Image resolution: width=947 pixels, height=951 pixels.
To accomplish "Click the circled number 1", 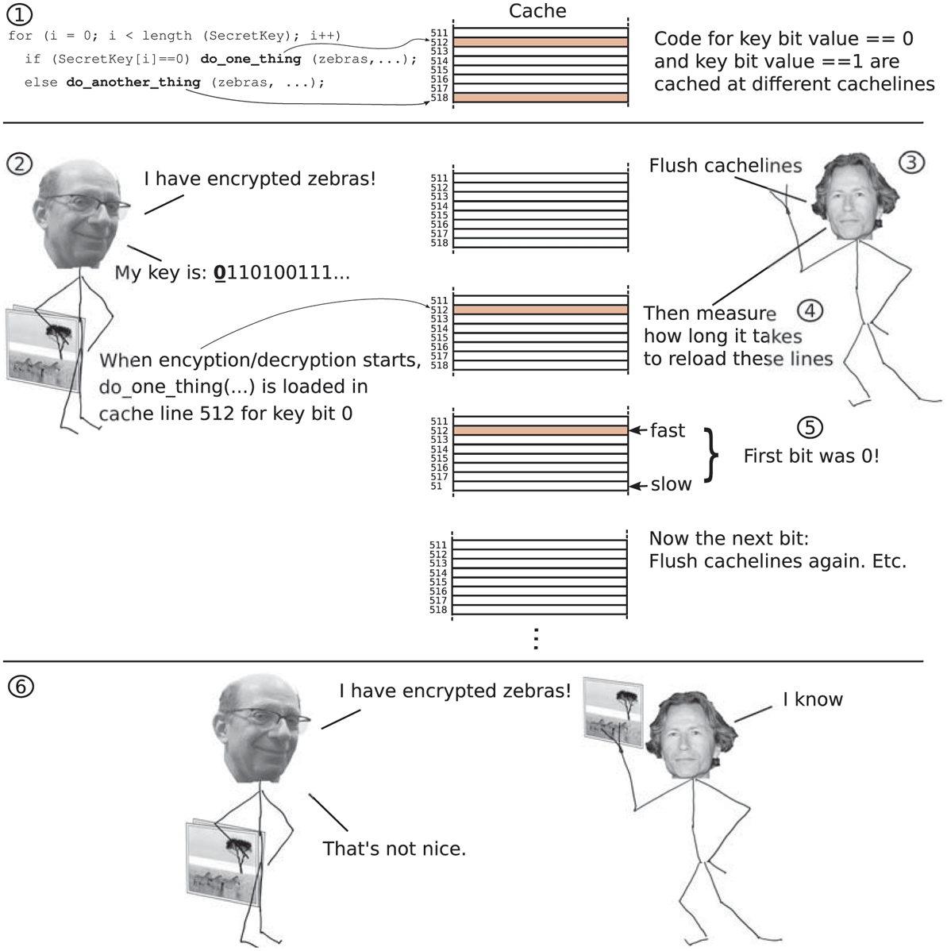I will [x=20, y=14].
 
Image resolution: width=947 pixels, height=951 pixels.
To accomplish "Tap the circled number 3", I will [x=911, y=163].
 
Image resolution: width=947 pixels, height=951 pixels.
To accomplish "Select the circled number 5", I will [x=809, y=427].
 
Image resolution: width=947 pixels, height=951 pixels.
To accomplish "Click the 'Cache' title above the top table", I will [x=537, y=11].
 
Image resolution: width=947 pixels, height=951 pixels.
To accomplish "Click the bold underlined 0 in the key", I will [x=220, y=273].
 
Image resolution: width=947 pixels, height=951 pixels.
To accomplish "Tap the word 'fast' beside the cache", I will [x=667, y=431].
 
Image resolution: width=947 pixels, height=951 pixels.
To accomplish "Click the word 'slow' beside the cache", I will [x=671, y=484].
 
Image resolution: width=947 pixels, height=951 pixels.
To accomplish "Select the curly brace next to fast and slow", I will [x=712, y=456].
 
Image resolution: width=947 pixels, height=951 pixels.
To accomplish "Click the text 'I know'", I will [x=812, y=699].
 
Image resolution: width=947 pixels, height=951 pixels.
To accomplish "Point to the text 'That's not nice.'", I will [x=394, y=849].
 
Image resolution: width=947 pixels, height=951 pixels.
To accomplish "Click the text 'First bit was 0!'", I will [x=810, y=456].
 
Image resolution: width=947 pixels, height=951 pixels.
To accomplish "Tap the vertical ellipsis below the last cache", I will [x=537, y=638].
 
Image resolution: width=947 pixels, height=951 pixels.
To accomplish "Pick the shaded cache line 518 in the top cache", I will [x=540, y=98].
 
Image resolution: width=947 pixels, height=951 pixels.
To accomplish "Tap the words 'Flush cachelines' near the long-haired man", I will [x=725, y=166].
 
